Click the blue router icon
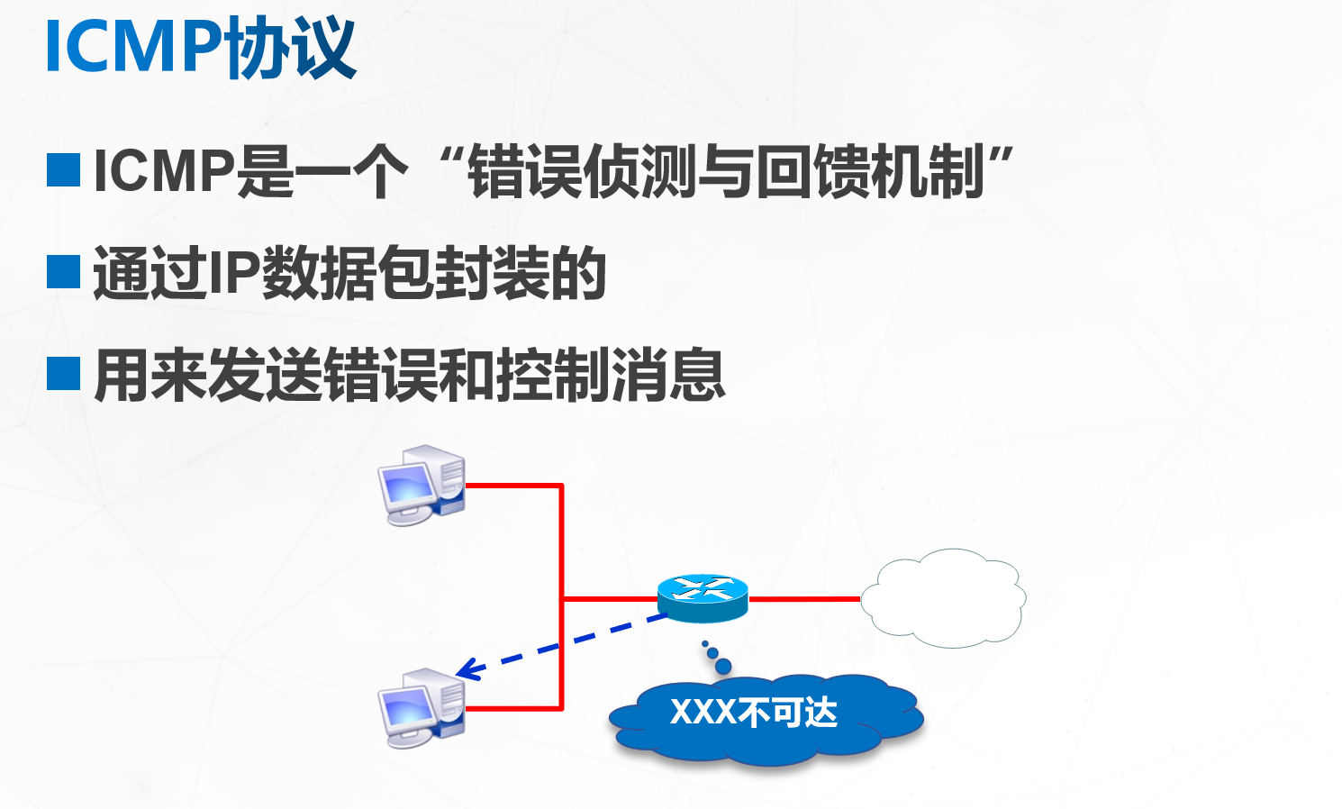pos(703,597)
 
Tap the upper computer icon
pos(422,484)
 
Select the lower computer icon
pos(422,708)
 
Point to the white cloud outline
pos(943,598)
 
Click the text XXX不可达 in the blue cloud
pos(754,713)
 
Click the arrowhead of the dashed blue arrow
pos(465,671)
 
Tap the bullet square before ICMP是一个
pos(63,169)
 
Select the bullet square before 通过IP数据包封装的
pos(63,271)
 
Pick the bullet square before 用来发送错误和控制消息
pos(63,373)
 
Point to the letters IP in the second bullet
pos(233,273)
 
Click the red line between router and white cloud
pos(804,598)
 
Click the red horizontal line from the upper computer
pos(513,486)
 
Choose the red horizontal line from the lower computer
pos(513,709)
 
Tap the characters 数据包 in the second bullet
pos(348,273)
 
